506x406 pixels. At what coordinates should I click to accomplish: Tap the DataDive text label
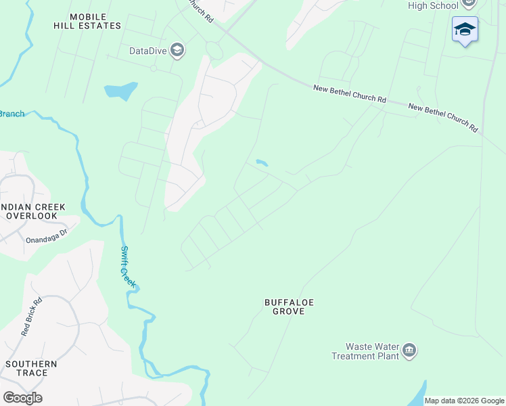[x=148, y=51]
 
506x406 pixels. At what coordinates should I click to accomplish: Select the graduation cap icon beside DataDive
[x=177, y=51]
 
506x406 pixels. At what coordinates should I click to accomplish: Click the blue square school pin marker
[x=465, y=30]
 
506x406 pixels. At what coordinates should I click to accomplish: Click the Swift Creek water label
[x=127, y=266]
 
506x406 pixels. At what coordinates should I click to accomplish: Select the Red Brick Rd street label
[x=31, y=317]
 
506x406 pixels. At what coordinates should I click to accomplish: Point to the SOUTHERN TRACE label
[x=31, y=368]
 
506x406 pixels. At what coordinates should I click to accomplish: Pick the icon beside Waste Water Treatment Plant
[x=409, y=351]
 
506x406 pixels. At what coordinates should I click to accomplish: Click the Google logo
[x=22, y=398]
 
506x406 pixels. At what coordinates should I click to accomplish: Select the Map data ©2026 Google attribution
[x=464, y=401]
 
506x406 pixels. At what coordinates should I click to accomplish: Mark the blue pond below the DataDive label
[x=120, y=91]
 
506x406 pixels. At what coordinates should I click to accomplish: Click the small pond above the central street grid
[x=262, y=162]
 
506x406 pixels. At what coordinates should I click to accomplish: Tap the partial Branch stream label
[x=11, y=114]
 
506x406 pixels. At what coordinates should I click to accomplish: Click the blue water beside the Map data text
[x=418, y=392]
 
